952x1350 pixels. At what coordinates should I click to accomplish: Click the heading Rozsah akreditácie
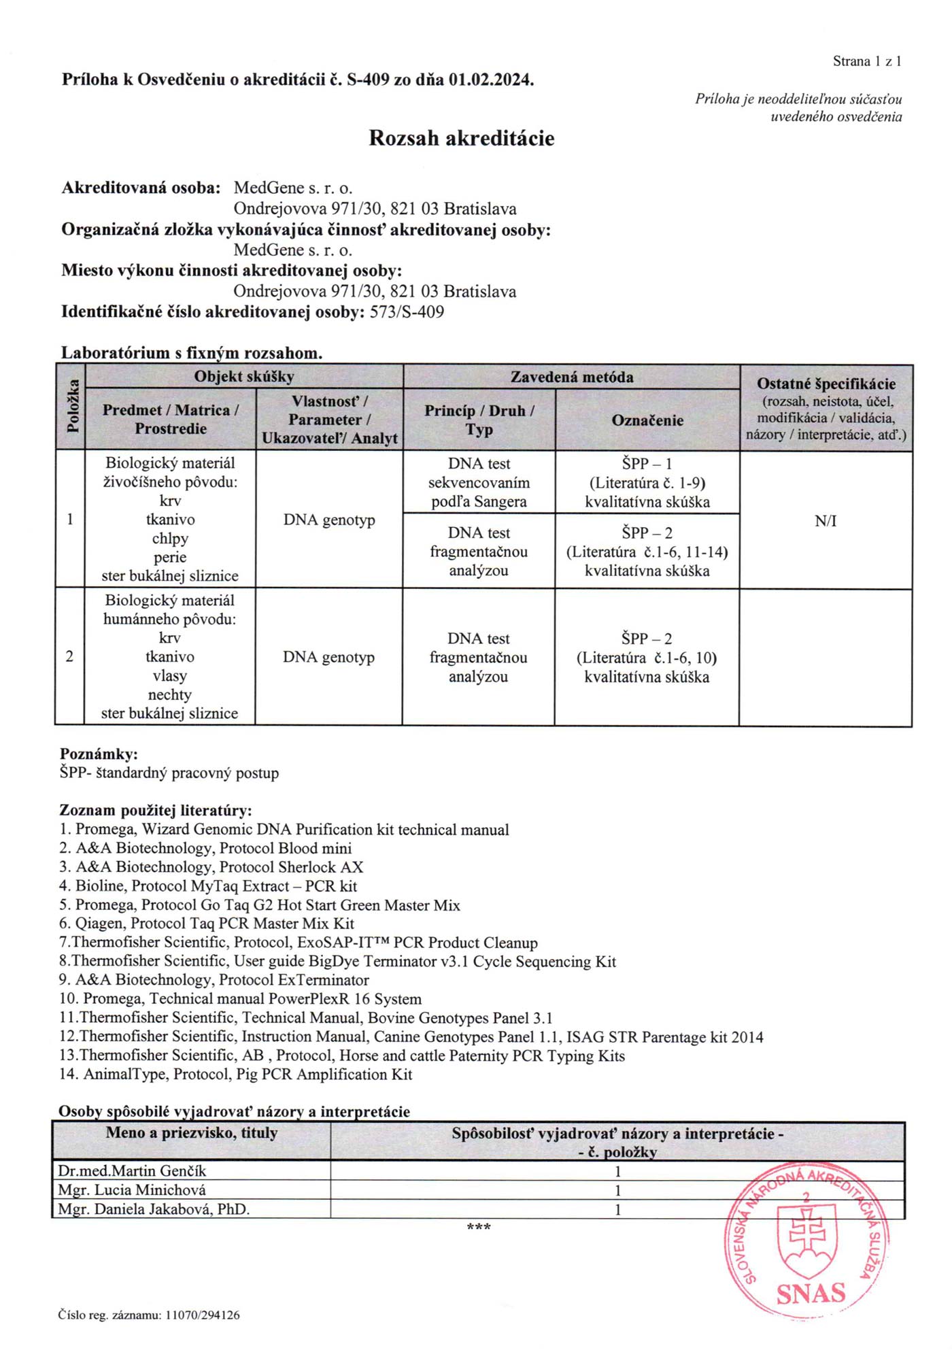coord(461,139)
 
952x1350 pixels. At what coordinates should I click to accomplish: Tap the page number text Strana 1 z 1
coord(867,61)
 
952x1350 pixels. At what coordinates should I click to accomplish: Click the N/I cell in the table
coord(826,521)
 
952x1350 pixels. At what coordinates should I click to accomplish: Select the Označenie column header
coord(647,420)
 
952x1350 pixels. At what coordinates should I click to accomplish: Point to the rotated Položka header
coord(71,408)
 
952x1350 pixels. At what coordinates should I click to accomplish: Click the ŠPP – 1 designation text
coord(647,464)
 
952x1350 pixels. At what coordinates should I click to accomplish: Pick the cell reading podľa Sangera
coord(479,502)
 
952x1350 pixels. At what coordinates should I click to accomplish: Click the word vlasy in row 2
coord(169,676)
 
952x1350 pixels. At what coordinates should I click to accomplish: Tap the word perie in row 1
coord(170,557)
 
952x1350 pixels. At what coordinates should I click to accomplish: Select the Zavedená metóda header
coord(571,377)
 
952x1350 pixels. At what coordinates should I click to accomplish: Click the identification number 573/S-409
coord(407,312)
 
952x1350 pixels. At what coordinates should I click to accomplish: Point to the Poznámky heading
coord(99,754)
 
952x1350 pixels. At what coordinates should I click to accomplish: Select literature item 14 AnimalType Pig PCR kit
coord(236,1075)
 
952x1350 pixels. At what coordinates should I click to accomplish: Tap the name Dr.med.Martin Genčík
coord(132,1171)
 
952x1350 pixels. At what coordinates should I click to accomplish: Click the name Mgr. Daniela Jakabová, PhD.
coord(154,1209)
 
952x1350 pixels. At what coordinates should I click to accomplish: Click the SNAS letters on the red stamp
coord(811,1293)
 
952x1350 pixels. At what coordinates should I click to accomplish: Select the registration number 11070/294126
coord(202,1315)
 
